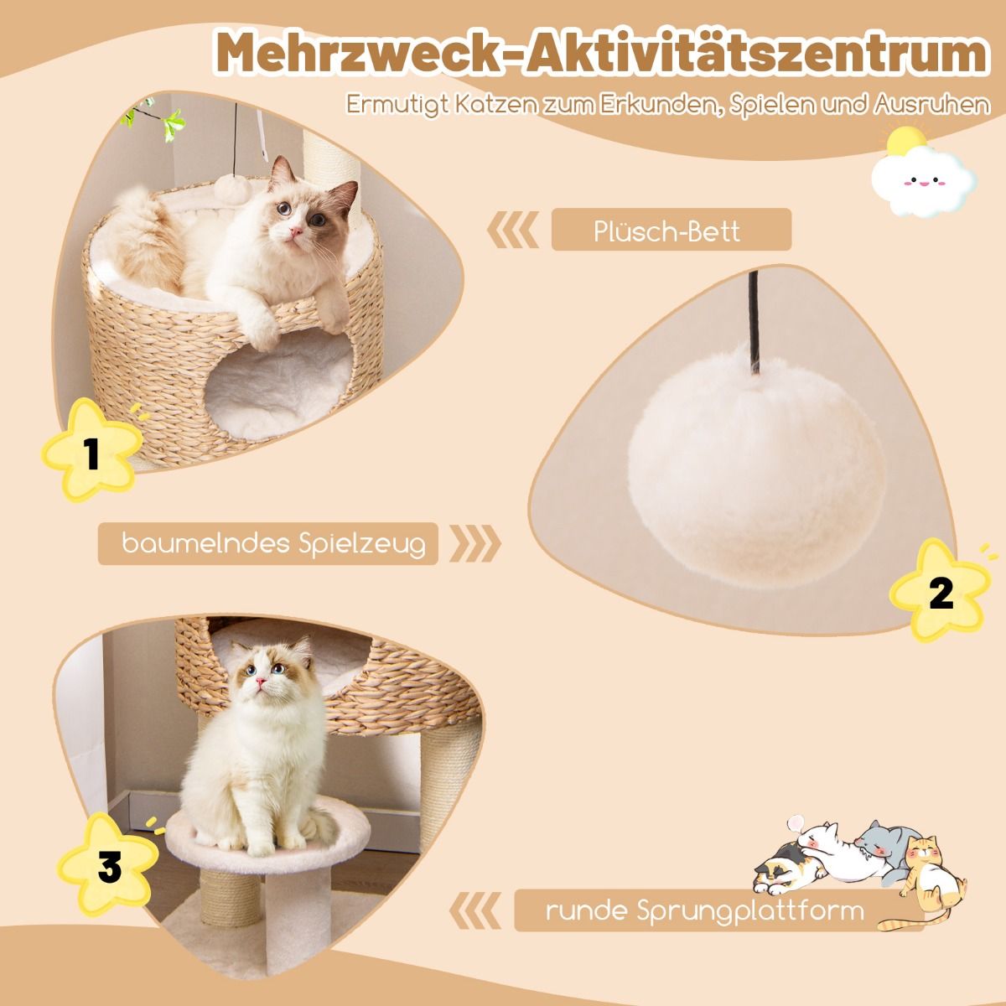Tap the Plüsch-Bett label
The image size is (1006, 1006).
point(666,231)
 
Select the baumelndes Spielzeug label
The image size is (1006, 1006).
point(273,544)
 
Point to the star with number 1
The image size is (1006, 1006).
point(91,450)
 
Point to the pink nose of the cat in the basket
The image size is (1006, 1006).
point(296,231)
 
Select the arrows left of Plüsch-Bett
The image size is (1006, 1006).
point(513,230)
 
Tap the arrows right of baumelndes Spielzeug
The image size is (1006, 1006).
point(475,543)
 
